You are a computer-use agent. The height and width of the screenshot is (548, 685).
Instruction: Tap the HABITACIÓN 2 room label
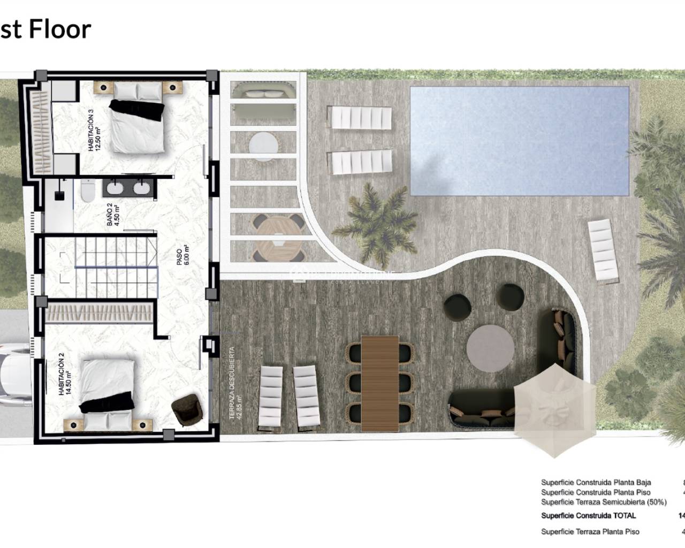point(65,378)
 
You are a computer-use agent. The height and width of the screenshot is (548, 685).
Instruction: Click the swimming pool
point(519,141)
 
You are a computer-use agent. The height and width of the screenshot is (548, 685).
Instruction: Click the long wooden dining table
point(380,383)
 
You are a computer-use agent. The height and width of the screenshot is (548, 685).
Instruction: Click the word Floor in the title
point(60,29)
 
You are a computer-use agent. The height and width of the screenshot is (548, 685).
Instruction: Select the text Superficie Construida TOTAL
point(588,516)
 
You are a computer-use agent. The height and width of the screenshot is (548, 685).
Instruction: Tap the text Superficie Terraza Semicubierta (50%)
point(604,502)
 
